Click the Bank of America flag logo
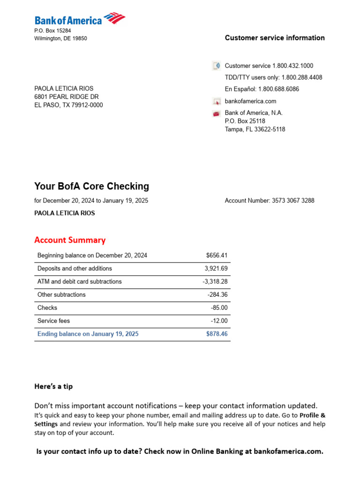[114, 18]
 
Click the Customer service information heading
[275, 38]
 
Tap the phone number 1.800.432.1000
[292, 66]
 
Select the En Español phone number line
[262, 89]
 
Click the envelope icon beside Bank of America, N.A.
[216, 113]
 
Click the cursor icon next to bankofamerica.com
[216, 101]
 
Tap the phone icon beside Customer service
[216, 66]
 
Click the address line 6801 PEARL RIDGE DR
[66, 97]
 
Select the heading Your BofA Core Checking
[91, 186]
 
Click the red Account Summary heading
[70, 240]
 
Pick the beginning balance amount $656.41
[217, 255]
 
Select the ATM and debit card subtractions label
[79, 282]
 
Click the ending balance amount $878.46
[217, 334]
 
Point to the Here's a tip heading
[53, 387]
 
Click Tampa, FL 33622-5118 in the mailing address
[255, 129]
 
